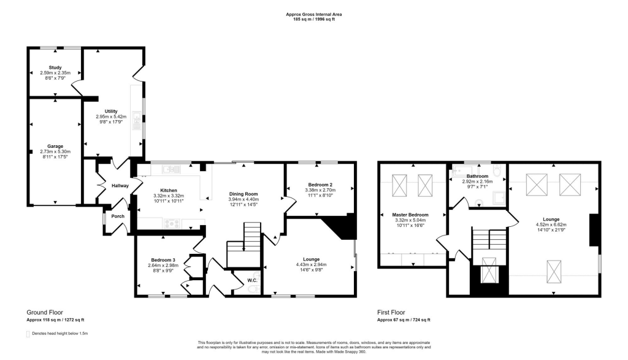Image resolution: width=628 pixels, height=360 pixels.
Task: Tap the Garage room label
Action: point(55,146)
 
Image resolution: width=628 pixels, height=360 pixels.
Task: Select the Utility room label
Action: point(111,111)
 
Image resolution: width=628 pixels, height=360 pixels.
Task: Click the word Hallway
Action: point(120,185)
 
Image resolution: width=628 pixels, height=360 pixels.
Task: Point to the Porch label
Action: point(117,216)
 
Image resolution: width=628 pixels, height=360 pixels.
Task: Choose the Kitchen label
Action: point(169,190)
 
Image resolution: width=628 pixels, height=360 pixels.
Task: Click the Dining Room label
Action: point(243,194)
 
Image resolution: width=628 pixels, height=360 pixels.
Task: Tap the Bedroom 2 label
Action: point(319,185)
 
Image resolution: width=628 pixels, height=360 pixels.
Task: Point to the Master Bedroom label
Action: point(411,215)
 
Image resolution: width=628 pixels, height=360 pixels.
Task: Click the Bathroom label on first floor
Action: point(477,176)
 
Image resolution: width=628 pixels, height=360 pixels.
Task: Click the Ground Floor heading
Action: point(44,312)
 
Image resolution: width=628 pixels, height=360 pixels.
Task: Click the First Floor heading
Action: point(391,312)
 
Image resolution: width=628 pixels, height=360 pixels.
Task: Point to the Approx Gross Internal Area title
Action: point(313,14)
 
